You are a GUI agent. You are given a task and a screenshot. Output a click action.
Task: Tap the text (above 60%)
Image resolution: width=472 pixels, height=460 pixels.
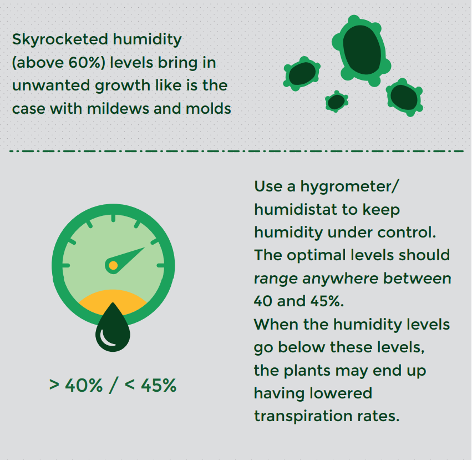(58, 62)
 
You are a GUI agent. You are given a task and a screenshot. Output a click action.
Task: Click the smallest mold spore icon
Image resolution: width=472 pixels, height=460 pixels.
(336, 102)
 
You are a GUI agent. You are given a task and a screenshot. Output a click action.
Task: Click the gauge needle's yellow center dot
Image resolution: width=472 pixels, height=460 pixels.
(113, 265)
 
